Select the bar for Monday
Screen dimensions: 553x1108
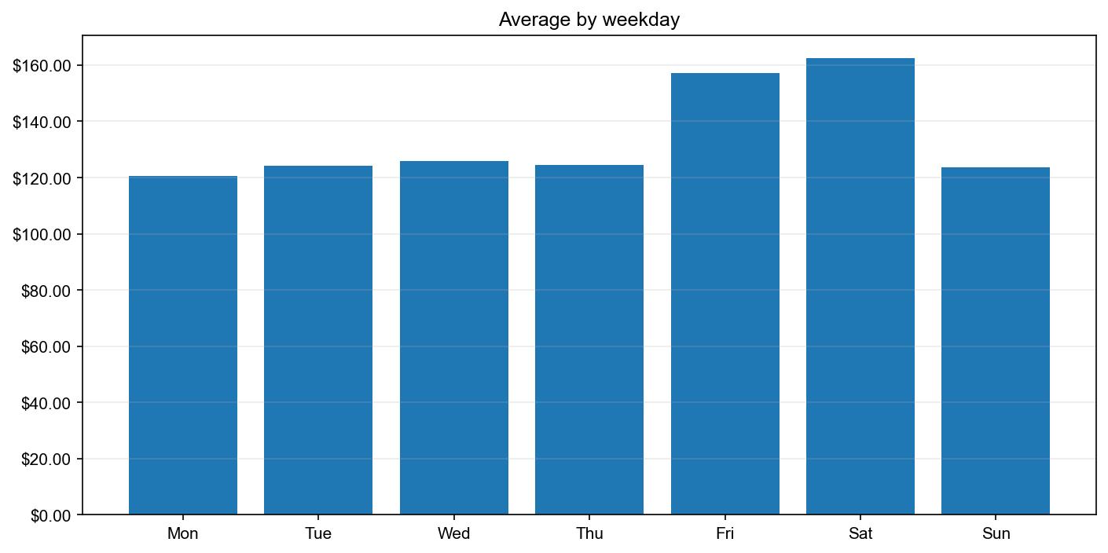(x=183, y=346)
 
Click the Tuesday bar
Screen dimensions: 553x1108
(x=318, y=340)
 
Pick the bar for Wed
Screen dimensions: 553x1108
(x=454, y=338)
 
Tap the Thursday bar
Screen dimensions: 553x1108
(x=589, y=339)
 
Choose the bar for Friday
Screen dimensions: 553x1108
(x=725, y=294)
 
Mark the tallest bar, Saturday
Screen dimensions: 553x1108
(x=860, y=287)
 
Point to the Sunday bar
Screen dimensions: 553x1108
(x=996, y=341)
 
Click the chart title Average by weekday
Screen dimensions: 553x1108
(x=589, y=20)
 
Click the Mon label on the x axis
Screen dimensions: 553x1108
(x=183, y=534)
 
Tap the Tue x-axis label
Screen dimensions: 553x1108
(x=318, y=534)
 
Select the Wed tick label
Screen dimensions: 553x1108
(x=454, y=534)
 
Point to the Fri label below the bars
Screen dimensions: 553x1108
(x=725, y=534)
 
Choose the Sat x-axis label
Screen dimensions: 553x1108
(x=860, y=534)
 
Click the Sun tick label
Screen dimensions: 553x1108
(x=996, y=534)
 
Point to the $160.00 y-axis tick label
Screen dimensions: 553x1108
(x=42, y=65)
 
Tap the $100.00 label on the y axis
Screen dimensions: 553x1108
(x=42, y=234)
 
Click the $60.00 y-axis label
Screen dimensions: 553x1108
(x=45, y=346)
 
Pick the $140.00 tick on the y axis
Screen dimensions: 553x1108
(x=42, y=122)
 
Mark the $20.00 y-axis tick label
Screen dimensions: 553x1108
(x=45, y=459)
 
